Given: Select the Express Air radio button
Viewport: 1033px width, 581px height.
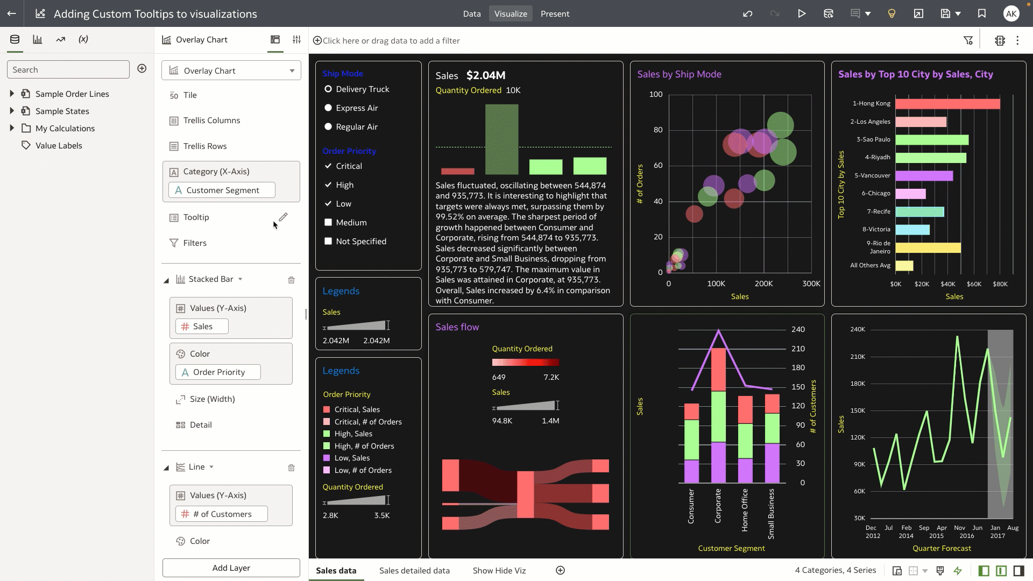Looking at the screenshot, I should pos(328,108).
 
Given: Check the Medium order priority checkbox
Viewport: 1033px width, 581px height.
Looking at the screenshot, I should pos(328,223).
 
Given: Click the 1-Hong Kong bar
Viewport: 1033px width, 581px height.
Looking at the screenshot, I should pos(947,104).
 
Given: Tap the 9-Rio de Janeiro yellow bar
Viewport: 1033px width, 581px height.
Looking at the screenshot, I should pos(928,248).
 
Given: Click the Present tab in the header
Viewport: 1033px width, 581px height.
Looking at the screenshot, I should pos(555,14).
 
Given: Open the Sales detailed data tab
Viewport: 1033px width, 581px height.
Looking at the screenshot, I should pos(414,571).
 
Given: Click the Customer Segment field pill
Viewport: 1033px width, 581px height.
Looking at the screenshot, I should pos(222,190).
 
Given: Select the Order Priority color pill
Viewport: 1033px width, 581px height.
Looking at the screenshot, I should pos(218,372).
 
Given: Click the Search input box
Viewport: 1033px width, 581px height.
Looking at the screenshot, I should pos(68,70).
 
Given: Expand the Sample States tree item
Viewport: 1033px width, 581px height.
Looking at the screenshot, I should pos(12,111).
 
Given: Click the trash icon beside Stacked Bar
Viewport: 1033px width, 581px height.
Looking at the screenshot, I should pos(291,280).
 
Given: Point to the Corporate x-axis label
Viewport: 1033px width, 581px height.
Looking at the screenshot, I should pos(718,506).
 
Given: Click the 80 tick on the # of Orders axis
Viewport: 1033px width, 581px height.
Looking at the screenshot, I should pos(657,130).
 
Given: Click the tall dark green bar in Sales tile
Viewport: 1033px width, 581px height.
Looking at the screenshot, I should pos(501,139).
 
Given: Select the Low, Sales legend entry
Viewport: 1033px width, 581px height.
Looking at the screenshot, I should pos(352,458).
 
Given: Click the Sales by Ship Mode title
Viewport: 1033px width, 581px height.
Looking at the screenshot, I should pos(679,74).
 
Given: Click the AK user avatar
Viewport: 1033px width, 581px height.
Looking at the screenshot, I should pos(1011,14).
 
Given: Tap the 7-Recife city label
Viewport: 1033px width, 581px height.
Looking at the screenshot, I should pos(878,211).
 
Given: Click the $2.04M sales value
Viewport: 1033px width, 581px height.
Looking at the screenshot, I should pos(485,75).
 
